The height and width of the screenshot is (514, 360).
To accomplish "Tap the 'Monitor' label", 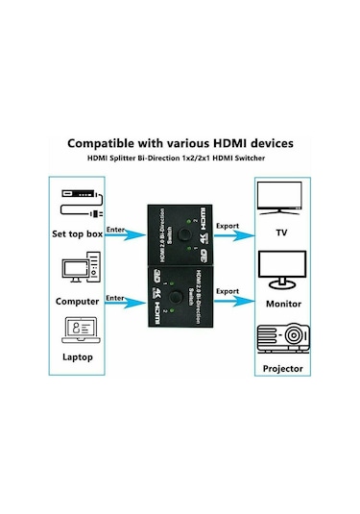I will coord(283,304).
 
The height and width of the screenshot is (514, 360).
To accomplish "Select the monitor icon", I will coord(282,272).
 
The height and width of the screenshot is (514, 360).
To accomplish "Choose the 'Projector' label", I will coord(283,368).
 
